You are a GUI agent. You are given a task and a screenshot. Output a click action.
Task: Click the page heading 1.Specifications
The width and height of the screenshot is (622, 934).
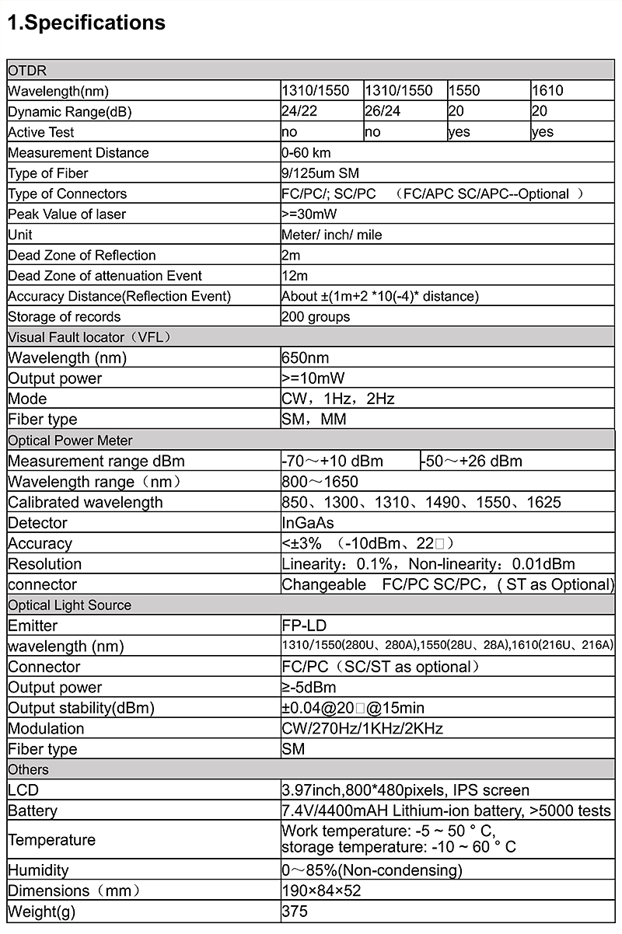click(86, 23)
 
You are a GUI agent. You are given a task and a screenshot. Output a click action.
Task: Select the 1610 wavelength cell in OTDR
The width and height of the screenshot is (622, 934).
click(547, 91)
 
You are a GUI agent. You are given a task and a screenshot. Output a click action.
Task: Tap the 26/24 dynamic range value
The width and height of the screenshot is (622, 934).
click(383, 112)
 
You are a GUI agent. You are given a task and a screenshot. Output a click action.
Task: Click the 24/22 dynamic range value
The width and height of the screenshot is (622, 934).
click(299, 112)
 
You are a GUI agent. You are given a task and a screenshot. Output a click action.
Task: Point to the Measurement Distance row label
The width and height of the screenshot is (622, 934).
click(78, 153)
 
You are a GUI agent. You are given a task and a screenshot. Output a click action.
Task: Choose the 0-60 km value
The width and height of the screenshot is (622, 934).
click(306, 153)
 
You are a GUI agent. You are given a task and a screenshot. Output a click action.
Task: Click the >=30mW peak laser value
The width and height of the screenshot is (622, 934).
click(309, 214)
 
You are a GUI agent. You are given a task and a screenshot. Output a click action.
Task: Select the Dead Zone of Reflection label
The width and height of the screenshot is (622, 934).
click(82, 256)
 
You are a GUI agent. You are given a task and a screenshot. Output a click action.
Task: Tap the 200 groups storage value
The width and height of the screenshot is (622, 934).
click(316, 317)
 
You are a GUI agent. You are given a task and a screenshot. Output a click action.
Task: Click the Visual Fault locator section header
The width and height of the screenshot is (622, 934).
click(89, 337)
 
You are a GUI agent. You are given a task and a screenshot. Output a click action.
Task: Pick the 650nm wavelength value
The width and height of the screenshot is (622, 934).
click(306, 358)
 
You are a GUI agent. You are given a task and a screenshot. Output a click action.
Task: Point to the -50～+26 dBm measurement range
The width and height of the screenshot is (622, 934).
click(472, 462)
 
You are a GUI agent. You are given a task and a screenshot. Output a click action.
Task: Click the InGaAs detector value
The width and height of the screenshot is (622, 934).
click(308, 523)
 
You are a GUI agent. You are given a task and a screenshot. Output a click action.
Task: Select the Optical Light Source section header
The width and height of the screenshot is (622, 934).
click(70, 605)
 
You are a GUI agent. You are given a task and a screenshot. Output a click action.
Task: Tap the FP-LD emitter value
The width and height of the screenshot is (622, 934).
click(305, 626)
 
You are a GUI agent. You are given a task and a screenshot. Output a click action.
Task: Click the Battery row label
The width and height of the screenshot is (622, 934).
click(33, 811)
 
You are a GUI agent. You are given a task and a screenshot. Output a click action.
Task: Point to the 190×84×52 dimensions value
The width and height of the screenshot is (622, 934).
click(321, 891)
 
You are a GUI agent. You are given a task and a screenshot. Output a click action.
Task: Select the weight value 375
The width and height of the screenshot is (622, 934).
click(295, 911)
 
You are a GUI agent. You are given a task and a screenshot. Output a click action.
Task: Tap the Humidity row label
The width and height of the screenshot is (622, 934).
click(38, 870)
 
